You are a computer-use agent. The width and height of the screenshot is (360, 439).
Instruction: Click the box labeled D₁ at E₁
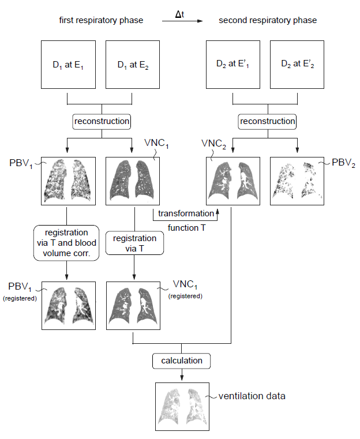click(x=68, y=65)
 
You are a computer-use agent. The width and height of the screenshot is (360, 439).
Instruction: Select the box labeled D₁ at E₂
click(x=133, y=65)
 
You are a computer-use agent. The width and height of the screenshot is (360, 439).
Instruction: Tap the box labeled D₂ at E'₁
click(x=233, y=65)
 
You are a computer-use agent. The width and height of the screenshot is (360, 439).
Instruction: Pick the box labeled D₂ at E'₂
click(x=297, y=65)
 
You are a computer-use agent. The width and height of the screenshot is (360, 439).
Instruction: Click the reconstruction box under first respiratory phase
click(x=102, y=122)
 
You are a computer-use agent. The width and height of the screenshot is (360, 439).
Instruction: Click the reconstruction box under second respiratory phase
click(x=267, y=122)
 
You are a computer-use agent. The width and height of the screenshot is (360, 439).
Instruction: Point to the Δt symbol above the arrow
click(x=180, y=14)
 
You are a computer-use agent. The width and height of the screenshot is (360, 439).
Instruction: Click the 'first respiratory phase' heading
click(x=101, y=20)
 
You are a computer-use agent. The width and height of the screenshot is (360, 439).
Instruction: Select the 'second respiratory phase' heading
click(x=268, y=20)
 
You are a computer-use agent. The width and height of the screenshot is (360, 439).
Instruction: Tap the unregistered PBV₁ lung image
click(x=68, y=181)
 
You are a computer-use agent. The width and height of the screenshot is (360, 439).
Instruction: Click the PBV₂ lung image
click(x=297, y=181)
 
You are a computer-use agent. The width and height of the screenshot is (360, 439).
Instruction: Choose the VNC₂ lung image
click(x=233, y=181)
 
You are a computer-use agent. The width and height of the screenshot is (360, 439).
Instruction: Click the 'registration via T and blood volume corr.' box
click(x=66, y=243)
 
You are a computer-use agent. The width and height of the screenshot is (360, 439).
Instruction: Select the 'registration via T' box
click(x=134, y=243)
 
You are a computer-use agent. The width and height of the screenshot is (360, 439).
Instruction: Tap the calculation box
click(x=181, y=361)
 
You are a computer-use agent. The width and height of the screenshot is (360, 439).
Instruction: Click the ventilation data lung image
click(x=182, y=407)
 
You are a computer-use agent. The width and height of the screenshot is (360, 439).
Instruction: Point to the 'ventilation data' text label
click(x=252, y=396)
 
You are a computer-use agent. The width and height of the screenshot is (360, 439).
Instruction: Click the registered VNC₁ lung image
click(x=133, y=306)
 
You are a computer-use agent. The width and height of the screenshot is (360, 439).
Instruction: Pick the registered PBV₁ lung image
click(x=69, y=306)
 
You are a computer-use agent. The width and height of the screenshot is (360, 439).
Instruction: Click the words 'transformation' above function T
click(x=186, y=213)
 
